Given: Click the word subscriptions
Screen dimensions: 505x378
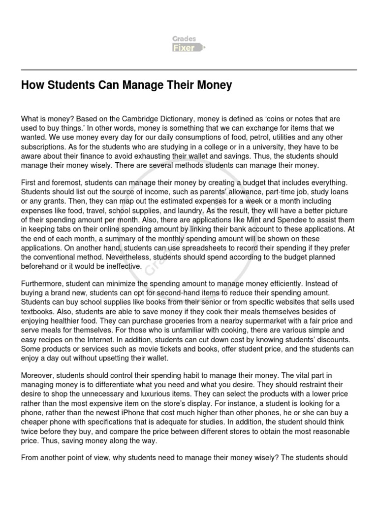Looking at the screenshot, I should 42,146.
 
